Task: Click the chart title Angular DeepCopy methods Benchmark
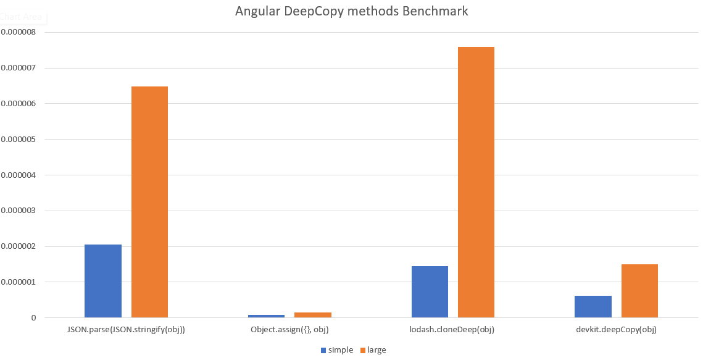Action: [351, 11]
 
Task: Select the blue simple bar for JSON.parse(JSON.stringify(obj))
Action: [103, 281]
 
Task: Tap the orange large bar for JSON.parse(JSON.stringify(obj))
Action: [149, 202]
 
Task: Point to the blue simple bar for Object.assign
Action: [267, 316]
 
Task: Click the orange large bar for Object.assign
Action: [313, 315]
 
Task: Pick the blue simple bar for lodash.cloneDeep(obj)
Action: [430, 291]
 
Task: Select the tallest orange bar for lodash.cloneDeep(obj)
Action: [476, 182]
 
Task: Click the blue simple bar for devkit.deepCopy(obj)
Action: [593, 306]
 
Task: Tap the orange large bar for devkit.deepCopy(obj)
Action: [639, 291]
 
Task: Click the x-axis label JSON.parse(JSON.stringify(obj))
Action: [126, 330]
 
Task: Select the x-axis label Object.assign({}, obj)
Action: [289, 330]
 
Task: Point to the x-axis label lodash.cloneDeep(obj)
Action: [452, 330]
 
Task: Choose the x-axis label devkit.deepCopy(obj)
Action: [616, 330]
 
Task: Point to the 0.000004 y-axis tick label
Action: [18, 175]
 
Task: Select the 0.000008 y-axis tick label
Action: [18, 32]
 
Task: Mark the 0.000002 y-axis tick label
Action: [18, 246]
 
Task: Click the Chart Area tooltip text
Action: [22, 17]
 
